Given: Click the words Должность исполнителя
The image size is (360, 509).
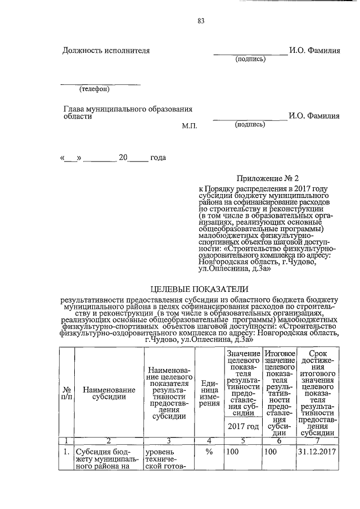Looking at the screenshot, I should coord(106,51).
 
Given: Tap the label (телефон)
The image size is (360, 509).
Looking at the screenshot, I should coord(94,89).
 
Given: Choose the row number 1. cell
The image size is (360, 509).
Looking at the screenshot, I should coord(66,452).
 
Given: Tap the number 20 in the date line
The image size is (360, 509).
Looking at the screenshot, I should coord(124,157).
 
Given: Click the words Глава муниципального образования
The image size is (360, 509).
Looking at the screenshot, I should coord(128,108).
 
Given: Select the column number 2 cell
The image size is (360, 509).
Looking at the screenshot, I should coord(109,440).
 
